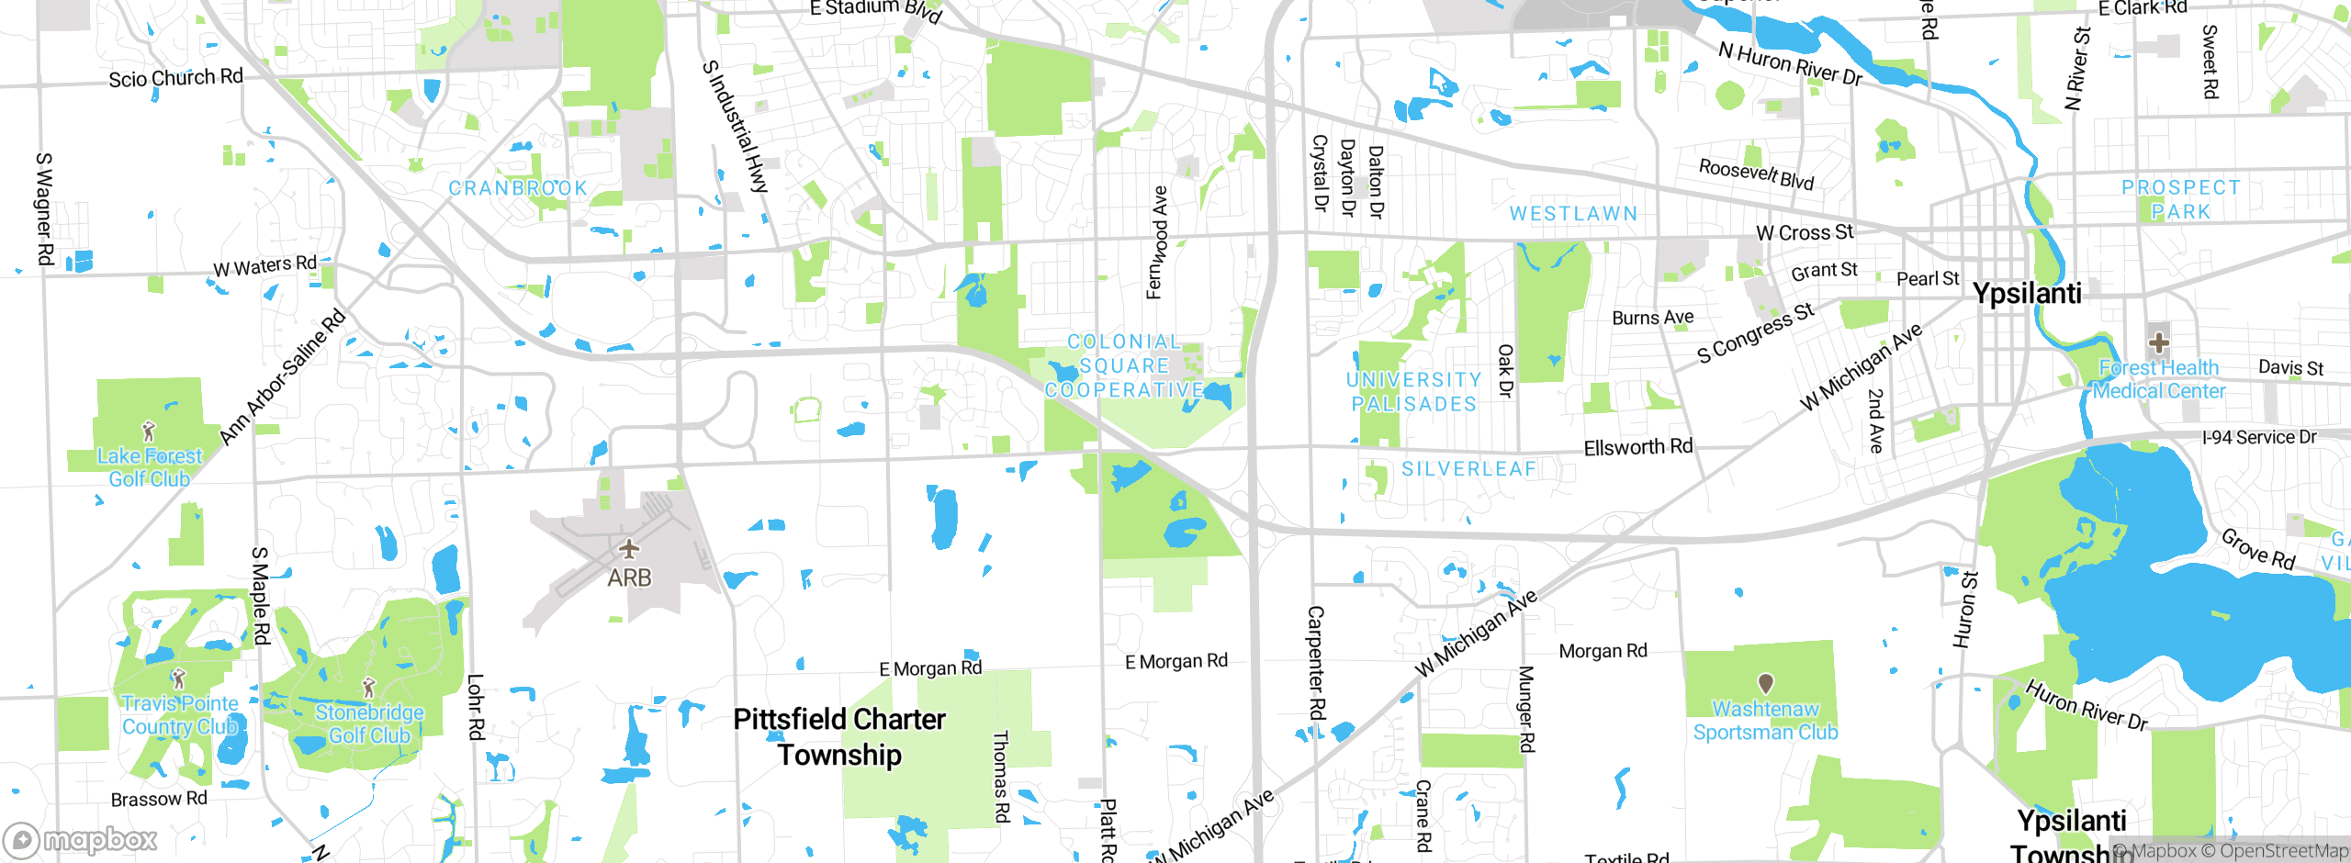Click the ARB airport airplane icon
(628, 549)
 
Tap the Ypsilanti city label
(2027, 294)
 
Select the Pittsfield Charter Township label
(839, 737)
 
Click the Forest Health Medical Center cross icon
(2159, 343)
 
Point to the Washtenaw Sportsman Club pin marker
(1765, 683)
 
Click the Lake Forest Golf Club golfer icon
(149, 430)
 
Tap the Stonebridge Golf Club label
(369, 724)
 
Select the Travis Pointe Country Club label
(180, 715)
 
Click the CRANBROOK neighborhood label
(518, 188)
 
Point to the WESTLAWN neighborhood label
(1574, 214)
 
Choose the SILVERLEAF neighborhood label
(1468, 469)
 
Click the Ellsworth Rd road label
(1637, 447)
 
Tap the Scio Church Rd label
(175, 78)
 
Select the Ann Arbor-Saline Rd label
(283, 377)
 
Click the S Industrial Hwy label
(735, 127)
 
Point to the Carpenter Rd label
(1316, 662)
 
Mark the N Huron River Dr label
(1790, 64)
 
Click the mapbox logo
(81, 840)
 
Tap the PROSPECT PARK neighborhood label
(2181, 199)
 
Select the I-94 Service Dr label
(2259, 438)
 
